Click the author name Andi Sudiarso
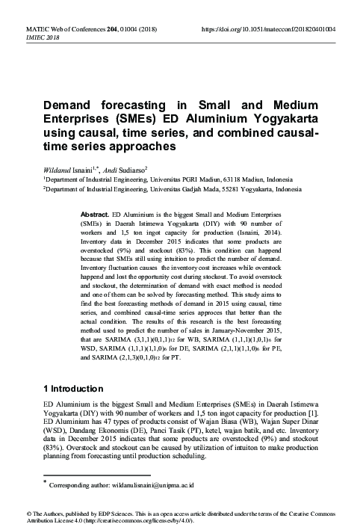pos(125,169)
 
